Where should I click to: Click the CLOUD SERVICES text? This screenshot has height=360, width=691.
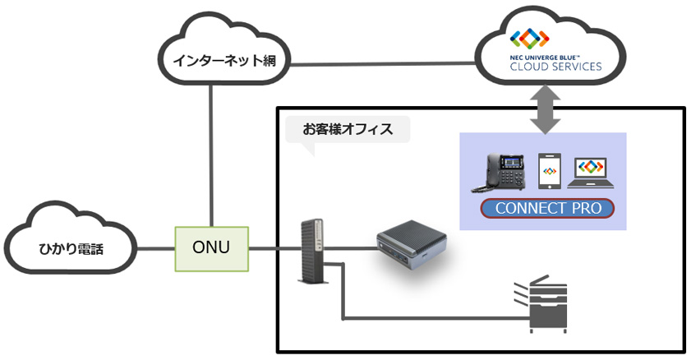pos(555,67)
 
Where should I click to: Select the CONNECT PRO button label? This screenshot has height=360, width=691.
pos(547,208)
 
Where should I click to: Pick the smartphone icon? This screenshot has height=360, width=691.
pos(549,172)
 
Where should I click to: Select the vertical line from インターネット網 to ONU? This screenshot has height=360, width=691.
pos(213,156)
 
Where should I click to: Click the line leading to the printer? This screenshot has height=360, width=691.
pos(427,316)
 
